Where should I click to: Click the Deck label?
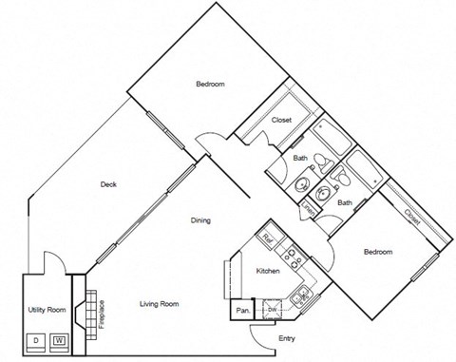click(x=107, y=185)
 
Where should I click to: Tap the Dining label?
click(x=199, y=220)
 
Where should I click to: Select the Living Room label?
click(x=160, y=304)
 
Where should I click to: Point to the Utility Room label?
click(x=45, y=310)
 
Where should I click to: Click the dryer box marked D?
click(x=36, y=339)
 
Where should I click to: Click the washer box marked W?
click(x=59, y=339)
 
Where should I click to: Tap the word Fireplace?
click(x=102, y=314)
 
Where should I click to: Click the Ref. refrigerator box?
click(x=268, y=238)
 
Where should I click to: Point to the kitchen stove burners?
click(x=294, y=257)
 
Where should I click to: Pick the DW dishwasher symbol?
click(x=272, y=309)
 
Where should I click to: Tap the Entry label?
click(x=286, y=338)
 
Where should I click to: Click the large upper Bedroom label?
click(x=210, y=85)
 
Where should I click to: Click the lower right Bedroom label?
click(x=377, y=252)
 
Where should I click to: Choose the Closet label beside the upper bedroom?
click(x=281, y=121)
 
